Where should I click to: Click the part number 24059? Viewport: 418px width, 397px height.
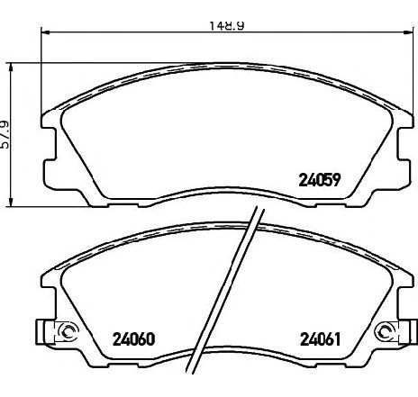[320, 180]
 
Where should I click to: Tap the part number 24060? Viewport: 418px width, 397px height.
[133, 339]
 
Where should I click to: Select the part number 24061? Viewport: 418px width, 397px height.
[321, 339]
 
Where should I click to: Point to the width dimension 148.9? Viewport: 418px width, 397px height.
[226, 25]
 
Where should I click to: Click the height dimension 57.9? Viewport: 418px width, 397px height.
[5, 135]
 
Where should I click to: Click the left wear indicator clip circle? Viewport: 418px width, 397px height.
[67, 332]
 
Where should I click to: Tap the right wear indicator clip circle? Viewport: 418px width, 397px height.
[385, 332]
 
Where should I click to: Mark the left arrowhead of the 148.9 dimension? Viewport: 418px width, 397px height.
[45, 32]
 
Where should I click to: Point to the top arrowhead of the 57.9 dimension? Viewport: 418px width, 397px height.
[12, 68]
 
